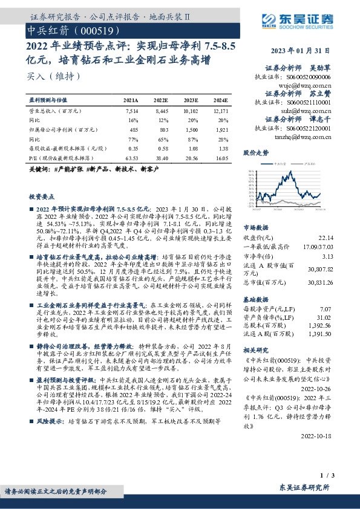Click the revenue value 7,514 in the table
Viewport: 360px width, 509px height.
(132, 111)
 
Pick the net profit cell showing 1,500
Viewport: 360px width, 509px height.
(191, 129)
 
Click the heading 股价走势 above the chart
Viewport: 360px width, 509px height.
(255, 153)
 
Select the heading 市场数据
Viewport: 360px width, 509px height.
(255, 229)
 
